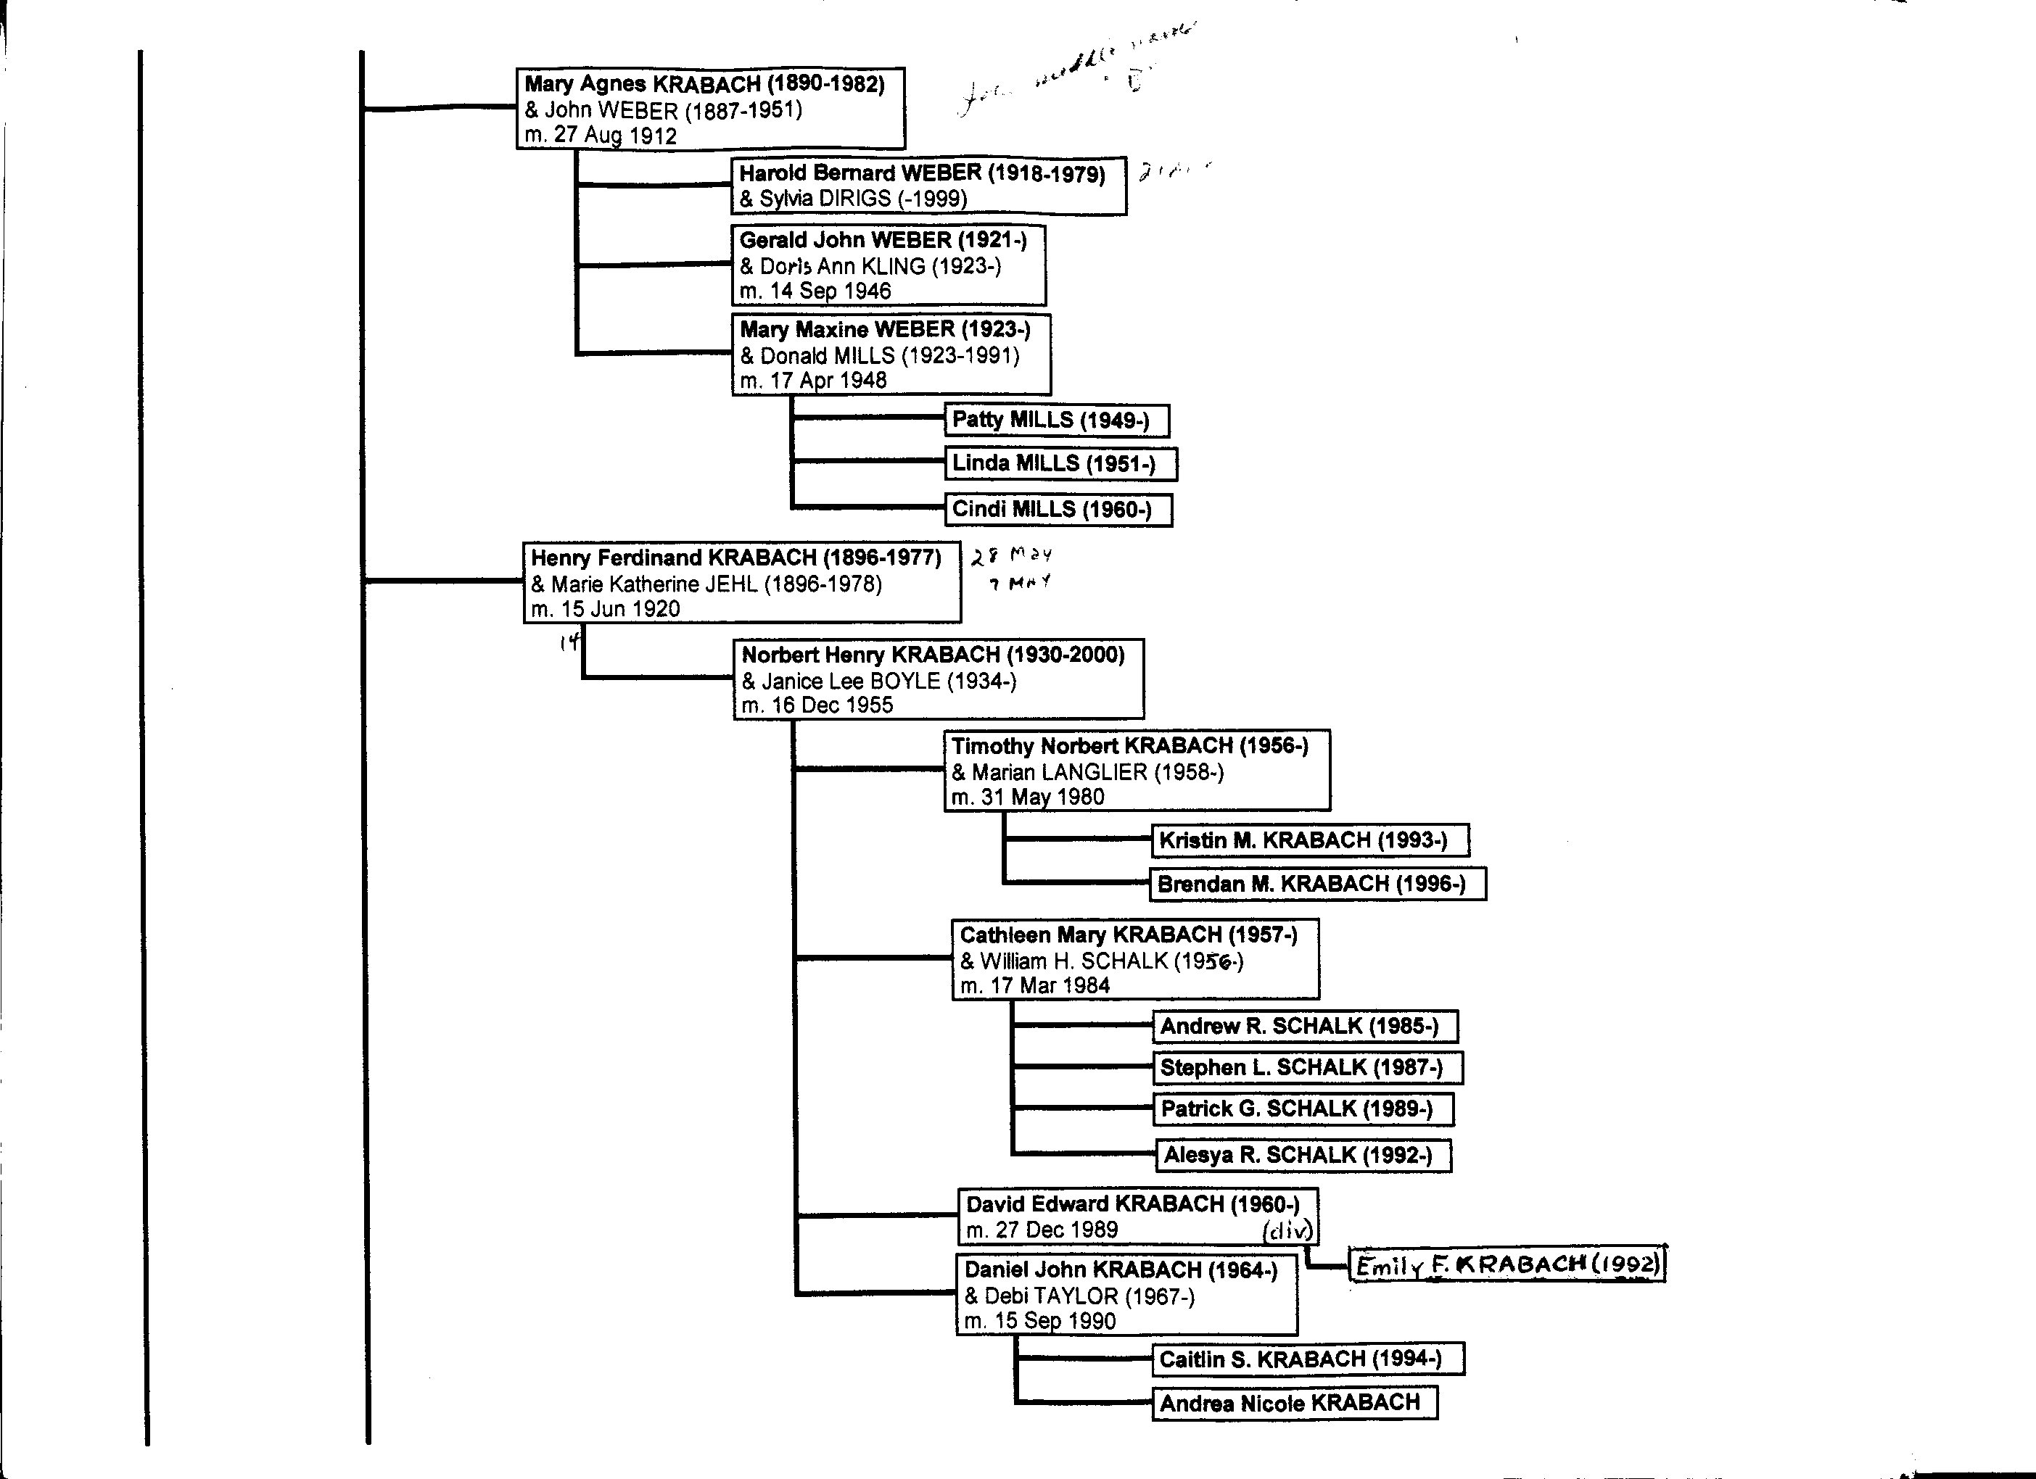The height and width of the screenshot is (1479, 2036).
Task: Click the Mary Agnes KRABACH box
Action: coord(710,109)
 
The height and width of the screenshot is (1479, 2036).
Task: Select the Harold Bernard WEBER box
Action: coord(928,186)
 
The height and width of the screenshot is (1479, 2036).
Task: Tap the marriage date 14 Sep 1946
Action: coord(815,291)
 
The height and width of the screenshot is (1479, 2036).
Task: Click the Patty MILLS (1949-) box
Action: coord(1057,420)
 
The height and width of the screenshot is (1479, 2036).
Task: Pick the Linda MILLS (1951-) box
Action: coord(1060,464)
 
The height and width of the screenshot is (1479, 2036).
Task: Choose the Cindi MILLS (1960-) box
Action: coord(1058,510)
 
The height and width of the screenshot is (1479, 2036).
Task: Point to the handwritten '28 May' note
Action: coord(1012,556)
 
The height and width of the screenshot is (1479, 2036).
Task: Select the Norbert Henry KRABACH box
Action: coord(938,679)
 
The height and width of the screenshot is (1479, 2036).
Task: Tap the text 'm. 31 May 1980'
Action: coord(1028,797)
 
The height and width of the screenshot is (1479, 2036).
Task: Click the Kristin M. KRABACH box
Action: coord(1310,840)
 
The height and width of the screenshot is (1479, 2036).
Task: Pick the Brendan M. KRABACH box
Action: coord(1317,884)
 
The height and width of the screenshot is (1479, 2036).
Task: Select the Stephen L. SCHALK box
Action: coord(1307,1067)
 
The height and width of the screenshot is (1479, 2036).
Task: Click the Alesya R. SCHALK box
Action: coord(1303,1155)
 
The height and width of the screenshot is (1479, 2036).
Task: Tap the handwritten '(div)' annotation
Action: coord(1287,1231)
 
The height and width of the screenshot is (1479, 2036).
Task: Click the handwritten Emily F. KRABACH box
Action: coord(1507,1265)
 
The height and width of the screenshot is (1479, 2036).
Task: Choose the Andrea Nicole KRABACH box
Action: coord(1293,1404)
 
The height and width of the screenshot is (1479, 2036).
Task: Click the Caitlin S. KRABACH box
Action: coord(1307,1359)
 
